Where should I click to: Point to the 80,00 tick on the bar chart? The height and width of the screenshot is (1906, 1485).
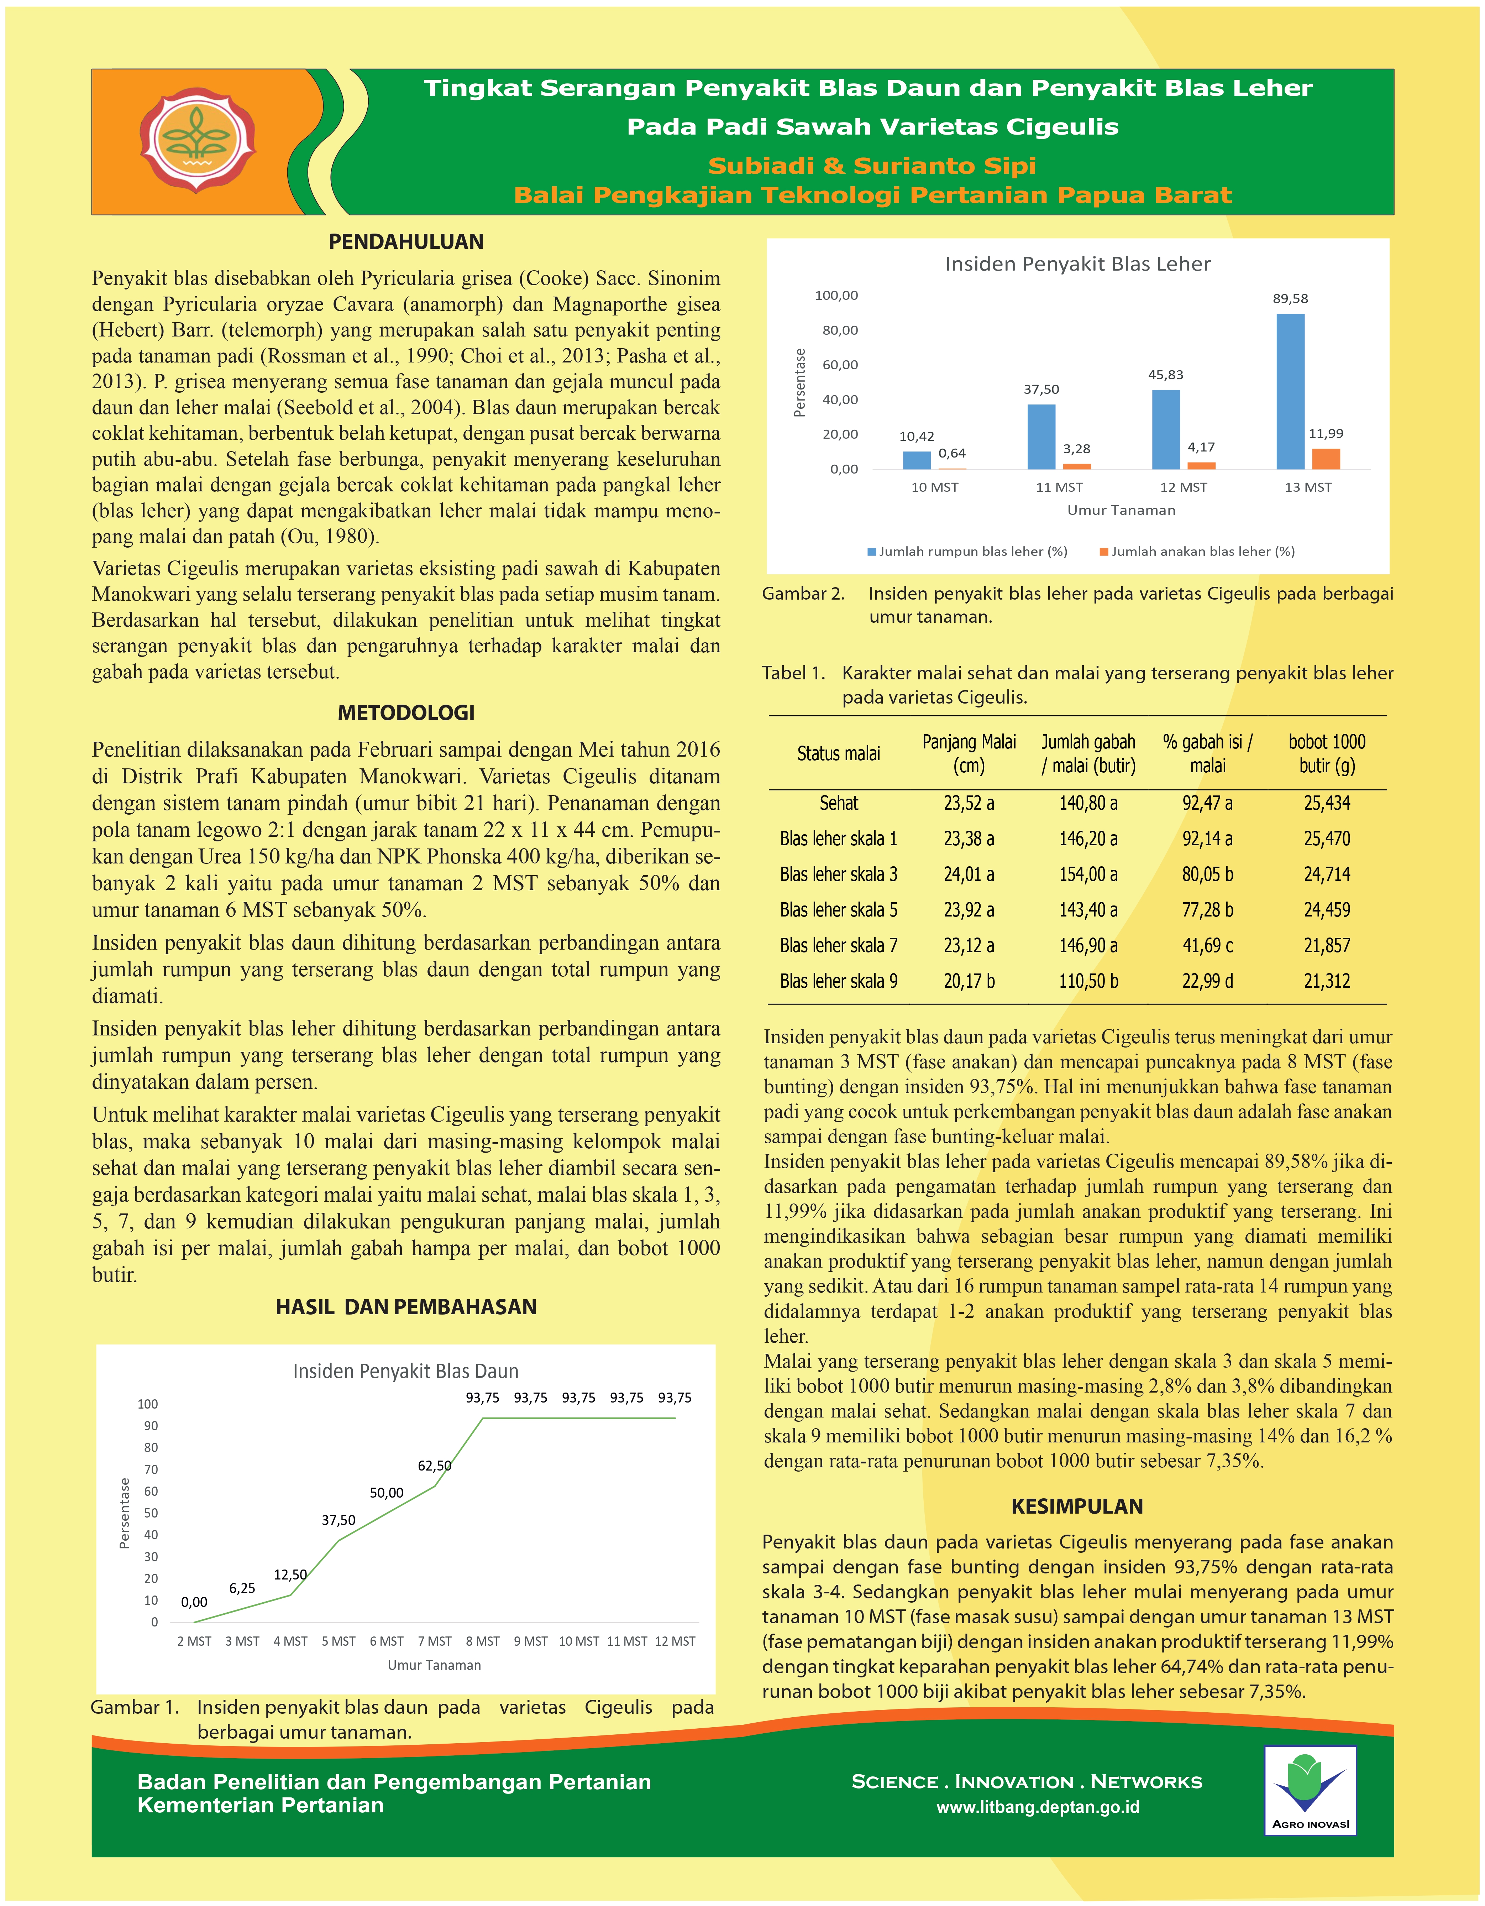click(x=839, y=330)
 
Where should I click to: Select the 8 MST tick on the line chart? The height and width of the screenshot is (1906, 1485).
click(x=483, y=1641)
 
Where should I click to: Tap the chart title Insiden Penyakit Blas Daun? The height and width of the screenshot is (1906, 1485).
click(x=406, y=1371)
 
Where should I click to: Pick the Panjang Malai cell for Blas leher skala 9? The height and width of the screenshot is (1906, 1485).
click(x=969, y=981)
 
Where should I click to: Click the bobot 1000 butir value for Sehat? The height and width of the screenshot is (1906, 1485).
click(x=1326, y=803)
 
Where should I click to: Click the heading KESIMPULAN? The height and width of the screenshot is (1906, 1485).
click(x=1077, y=1506)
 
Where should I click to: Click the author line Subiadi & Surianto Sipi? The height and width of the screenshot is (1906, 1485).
click(x=872, y=166)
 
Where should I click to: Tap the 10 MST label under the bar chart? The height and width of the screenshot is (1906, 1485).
click(x=934, y=487)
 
